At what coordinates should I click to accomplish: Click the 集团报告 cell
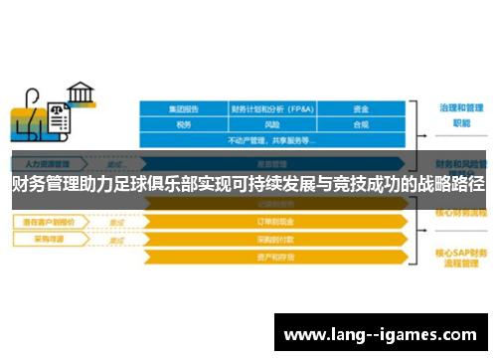pos(183,109)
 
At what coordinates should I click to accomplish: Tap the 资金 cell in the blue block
pos(361,109)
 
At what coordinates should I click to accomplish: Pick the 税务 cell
pos(183,125)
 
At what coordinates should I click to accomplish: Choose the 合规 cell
pos(361,125)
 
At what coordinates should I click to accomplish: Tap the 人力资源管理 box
pos(48,162)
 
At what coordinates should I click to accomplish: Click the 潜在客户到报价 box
pos(50,223)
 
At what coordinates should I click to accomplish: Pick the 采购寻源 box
pos(46,240)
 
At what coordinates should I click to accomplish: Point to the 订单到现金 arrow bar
pos(275,224)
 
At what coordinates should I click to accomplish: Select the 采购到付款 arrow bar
pos(275,240)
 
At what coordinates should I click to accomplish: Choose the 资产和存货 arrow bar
pos(275,256)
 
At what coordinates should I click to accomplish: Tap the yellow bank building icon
pos(80,97)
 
